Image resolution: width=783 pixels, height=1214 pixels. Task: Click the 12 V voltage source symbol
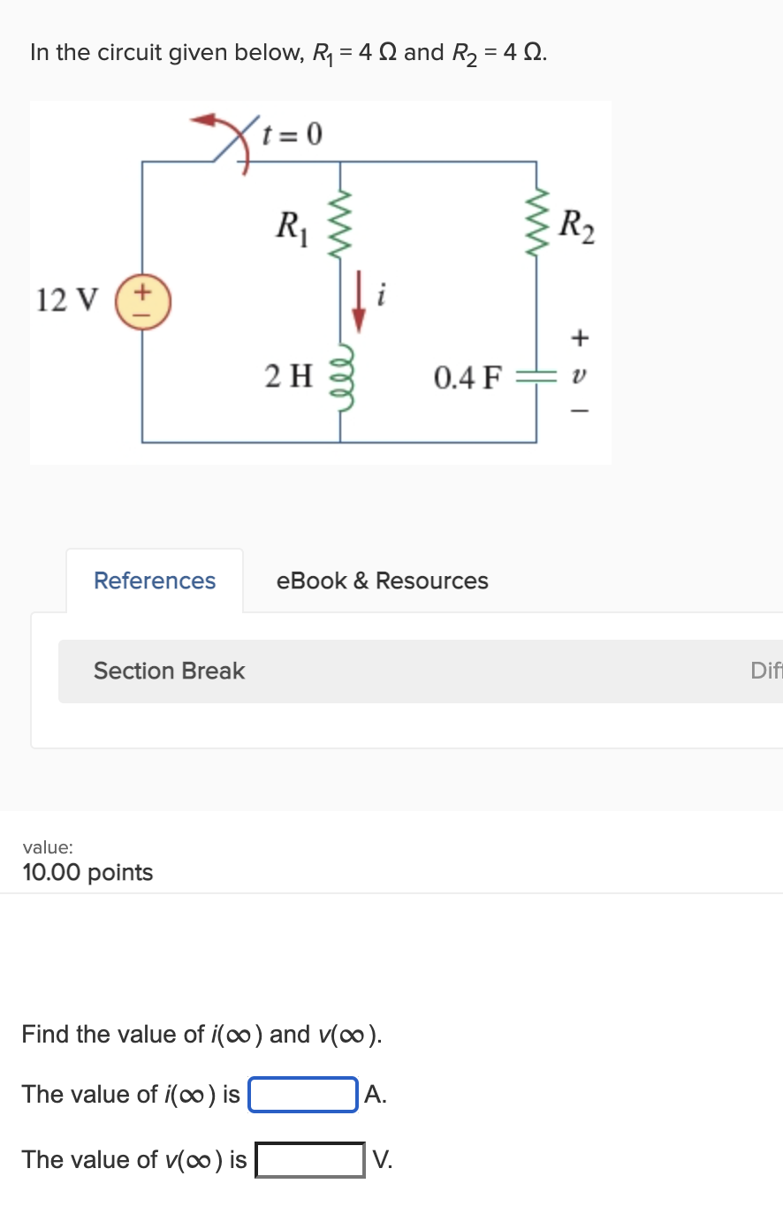click(143, 302)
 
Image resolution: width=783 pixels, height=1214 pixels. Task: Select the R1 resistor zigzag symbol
click(341, 224)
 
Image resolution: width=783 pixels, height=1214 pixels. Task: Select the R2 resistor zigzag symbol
click(536, 224)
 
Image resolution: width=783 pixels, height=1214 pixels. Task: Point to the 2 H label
click(289, 376)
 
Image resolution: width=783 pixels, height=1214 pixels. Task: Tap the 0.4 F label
click(467, 378)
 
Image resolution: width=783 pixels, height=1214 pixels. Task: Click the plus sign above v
click(579, 337)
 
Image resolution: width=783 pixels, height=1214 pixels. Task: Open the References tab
click(155, 580)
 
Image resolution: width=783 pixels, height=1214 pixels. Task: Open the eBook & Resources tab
click(382, 580)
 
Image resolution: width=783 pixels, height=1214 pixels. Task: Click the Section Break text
click(169, 671)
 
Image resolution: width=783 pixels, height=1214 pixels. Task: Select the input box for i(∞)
click(303, 1095)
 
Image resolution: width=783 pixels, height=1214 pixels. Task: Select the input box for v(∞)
click(309, 1160)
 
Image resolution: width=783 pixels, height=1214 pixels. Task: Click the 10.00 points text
click(87, 872)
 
